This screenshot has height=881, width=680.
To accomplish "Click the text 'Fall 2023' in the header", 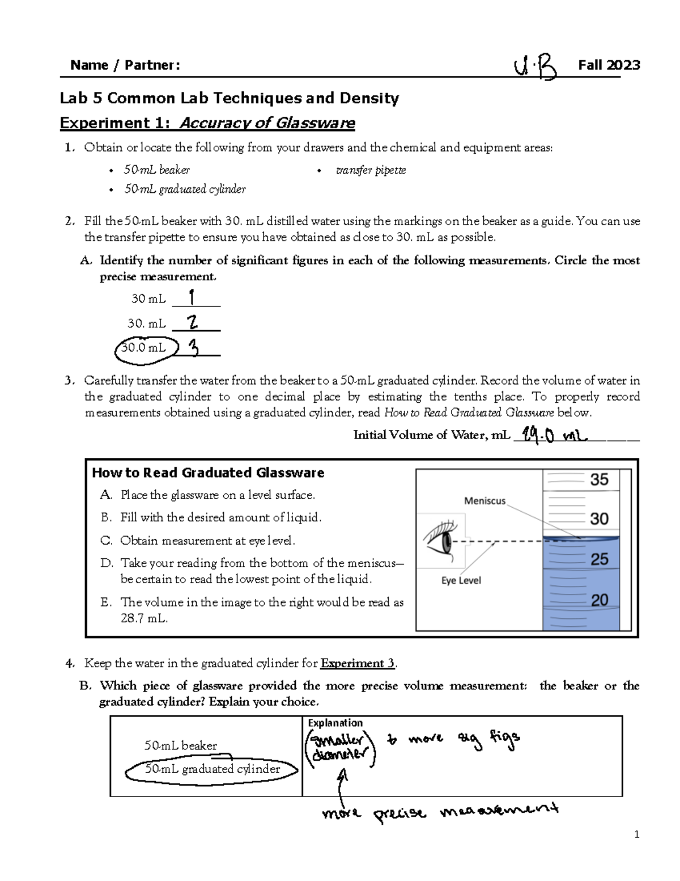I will [609, 65].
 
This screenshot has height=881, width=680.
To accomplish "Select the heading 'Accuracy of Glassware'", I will [267, 123].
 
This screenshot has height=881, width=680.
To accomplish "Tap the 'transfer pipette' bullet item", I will [371, 170].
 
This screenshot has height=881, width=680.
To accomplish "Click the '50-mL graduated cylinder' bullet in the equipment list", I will [185, 189].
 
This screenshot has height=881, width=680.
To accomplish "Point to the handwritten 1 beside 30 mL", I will [192, 297].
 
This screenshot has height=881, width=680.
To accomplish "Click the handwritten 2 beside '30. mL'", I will [193, 323].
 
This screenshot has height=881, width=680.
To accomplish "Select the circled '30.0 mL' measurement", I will [146, 348].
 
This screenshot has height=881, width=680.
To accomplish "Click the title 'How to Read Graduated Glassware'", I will [208, 473].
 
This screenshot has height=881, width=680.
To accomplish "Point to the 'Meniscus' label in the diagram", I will [484, 501].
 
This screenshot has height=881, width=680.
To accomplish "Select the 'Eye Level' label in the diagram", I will [461, 580].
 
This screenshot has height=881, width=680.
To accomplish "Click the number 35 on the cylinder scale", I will [599, 480].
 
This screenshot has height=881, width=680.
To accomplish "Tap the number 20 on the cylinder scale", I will [599, 600].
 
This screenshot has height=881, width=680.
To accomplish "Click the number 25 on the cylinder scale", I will [599, 560].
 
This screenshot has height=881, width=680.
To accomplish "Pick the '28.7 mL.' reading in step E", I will [144, 618].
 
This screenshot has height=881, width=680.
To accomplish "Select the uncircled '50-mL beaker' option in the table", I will [180, 746].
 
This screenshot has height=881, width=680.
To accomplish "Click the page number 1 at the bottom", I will [637, 834].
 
